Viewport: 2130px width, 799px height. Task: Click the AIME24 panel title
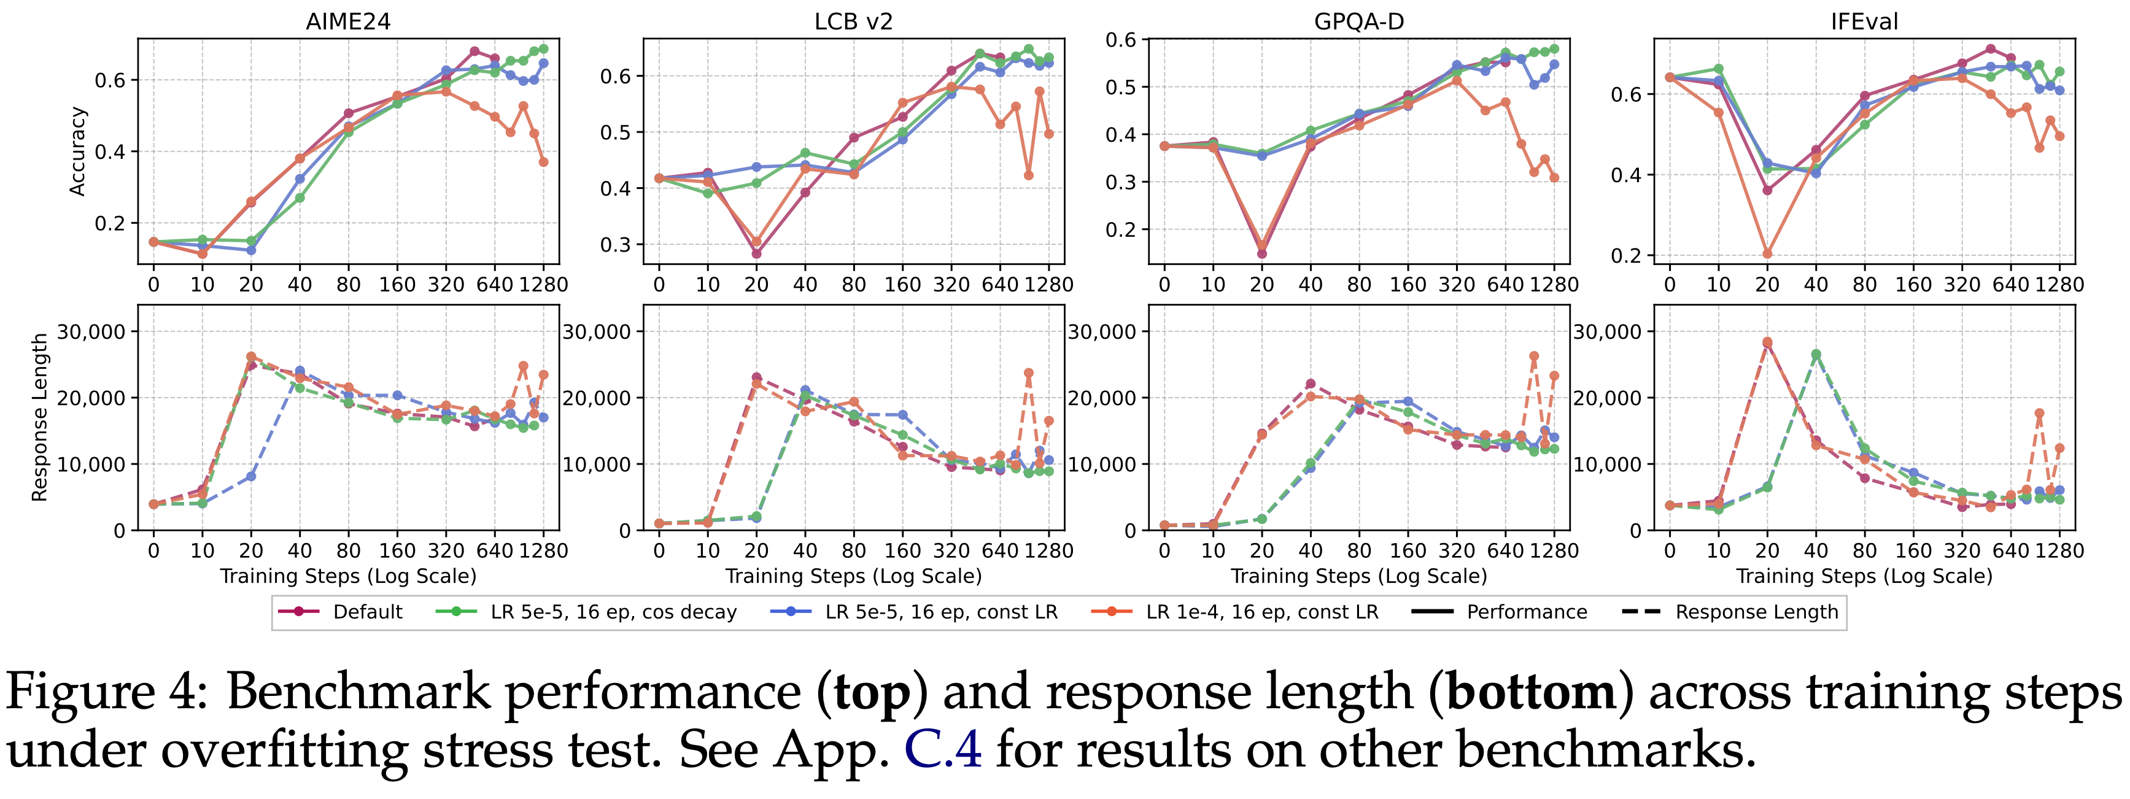(348, 21)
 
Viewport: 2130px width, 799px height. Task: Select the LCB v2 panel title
(853, 21)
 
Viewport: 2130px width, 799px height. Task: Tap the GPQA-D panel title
(1358, 21)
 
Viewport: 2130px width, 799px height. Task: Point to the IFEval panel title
(1864, 21)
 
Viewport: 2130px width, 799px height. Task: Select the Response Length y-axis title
(40, 417)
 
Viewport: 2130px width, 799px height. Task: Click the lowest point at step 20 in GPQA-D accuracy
(1262, 253)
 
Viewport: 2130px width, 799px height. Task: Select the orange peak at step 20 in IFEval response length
(1767, 342)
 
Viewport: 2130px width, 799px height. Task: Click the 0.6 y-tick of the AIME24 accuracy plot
(110, 80)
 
